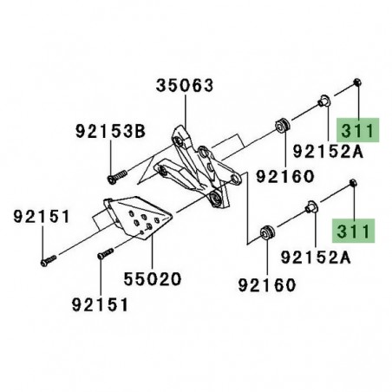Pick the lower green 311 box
pos(354,232)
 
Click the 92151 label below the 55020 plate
pos(100,304)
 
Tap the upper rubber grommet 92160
pos(282,123)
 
